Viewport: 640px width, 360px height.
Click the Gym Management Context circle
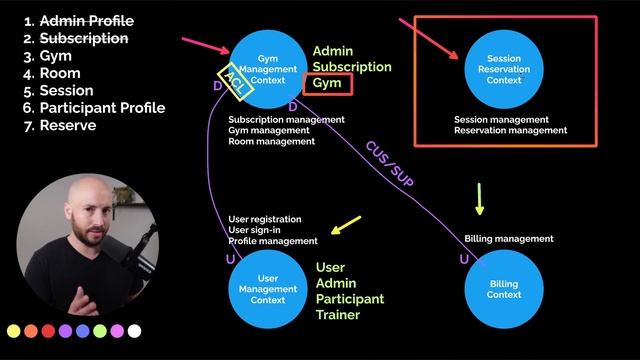click(x=268, y=69)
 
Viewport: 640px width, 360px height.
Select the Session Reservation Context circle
click(x=504, y=69)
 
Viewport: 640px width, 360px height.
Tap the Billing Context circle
click(x=504, y=289)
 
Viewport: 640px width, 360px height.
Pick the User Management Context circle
click(x=268, y=289)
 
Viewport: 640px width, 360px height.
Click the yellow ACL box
click(x=236, y=82)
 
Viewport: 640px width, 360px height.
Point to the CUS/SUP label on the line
click(x=389, y=164)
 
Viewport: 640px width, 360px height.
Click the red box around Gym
click(x=328, y=84)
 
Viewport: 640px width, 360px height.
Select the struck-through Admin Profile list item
click(x=79, y=21)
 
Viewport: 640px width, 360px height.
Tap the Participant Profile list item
click(x=94, y=108)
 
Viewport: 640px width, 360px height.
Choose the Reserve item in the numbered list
click(x=60, y=125)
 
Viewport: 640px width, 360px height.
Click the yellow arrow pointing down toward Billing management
click(x=480, y=199)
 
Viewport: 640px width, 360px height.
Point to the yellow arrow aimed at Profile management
click(x=346, y=225)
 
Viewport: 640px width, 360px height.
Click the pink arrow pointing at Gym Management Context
click(x=206, y=45)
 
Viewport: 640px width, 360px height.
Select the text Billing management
click(x=509, y=239)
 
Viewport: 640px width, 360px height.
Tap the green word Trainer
click(x=338, y=315)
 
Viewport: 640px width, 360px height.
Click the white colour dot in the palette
click(x=134, y=331)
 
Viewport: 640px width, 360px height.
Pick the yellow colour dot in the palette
click(x=13, y=331)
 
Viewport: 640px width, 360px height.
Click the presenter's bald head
click(x=89, y=191)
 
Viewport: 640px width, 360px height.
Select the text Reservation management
click(x=511, y=131)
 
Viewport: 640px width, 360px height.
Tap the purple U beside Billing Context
click(x=464, y=259)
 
